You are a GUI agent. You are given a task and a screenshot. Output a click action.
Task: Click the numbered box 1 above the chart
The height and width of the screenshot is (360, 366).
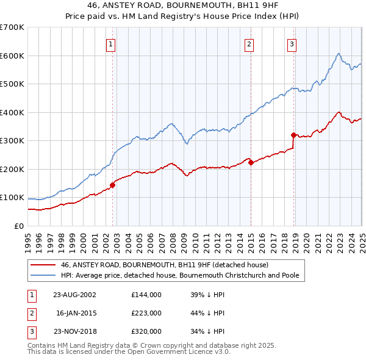point(111,43)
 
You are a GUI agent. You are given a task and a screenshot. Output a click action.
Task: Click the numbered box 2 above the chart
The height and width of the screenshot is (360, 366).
point(249,43)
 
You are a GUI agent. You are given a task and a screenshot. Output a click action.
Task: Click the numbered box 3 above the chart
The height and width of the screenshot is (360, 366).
point(292,43)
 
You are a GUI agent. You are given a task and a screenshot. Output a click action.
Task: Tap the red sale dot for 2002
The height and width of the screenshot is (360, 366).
point(113,185)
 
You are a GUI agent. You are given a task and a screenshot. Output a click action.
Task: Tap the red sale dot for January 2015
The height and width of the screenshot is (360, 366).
point(251,162)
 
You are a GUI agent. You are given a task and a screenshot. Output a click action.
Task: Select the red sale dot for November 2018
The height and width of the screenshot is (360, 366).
point(293,135)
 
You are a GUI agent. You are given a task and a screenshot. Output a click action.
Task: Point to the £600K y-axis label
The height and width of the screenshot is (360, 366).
point(12,56)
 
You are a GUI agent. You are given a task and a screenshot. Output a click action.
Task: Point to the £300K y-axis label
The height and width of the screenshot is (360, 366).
point(12,141)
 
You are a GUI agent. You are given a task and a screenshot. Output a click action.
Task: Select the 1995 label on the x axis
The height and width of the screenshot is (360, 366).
point(28,242)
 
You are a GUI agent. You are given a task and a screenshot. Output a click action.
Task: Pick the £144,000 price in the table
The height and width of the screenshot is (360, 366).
point(146,295)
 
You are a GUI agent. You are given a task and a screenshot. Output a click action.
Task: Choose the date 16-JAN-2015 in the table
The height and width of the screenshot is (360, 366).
point(76,313)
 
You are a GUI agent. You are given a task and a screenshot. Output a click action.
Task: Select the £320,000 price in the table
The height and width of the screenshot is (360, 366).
point(146,331)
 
